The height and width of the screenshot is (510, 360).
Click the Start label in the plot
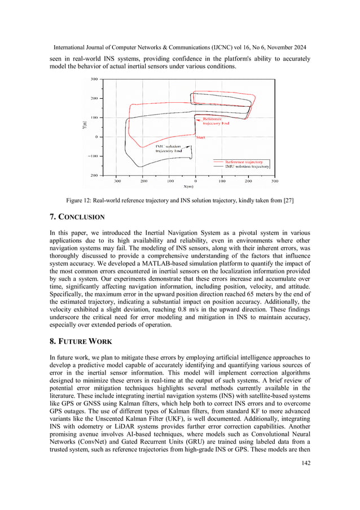pyautogui.click(x=200, y=137)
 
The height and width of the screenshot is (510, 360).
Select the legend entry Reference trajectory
pyautogui.click(x=244, y=162)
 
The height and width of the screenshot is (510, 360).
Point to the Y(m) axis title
pyautogui.click(x=84, y=128)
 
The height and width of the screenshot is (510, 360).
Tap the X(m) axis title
pyautogui.click(x=188, y=186)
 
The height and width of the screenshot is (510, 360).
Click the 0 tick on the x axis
pyautogui.click(x=195, y=181)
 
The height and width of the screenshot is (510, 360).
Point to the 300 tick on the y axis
pyautogui.click(x=94, y=79)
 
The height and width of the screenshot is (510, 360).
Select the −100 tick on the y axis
pyautogui.click(x=93, y=156)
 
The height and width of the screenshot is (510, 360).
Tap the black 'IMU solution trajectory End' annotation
pyautogui.click(x=169, y=149)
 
